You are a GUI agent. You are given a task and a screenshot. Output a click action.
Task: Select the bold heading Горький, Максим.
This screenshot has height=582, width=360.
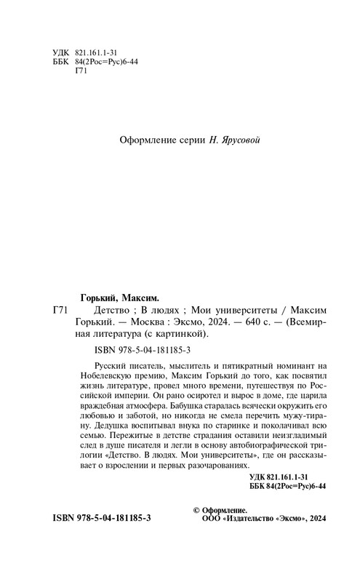click(117, 297)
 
